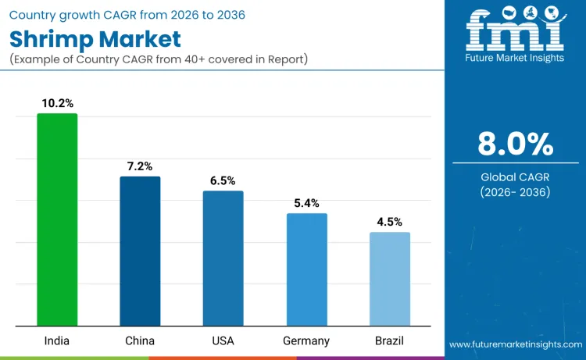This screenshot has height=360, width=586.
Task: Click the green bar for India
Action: pos(57,219)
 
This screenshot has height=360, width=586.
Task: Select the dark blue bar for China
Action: pos(140,251)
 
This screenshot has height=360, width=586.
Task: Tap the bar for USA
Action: pos(223,258)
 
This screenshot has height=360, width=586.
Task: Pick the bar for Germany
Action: pos(306,269)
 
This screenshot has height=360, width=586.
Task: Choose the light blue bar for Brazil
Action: pos(389,279)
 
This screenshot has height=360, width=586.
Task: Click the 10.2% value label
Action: pos(57,102)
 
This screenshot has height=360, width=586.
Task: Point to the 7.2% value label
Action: pos(140,166)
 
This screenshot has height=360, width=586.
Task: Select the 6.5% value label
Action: pos(223,180)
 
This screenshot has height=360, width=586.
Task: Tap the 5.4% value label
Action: pos(306,202)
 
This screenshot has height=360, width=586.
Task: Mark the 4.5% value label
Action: pos(389,221)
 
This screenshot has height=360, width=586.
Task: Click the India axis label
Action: pos(57,340)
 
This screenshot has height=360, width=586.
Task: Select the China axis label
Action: pos(140,340)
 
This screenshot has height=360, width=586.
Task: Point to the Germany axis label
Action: pos(306,340)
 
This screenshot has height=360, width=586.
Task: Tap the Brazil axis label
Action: pos(389,340)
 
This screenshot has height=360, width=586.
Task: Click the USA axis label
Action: pos(223,340)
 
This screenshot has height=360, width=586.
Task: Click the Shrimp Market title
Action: pos(95,39)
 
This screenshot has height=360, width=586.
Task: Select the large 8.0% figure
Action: pos(515,144)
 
